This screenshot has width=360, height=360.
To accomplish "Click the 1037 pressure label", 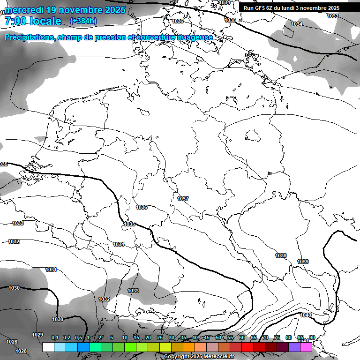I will [x=183, y=199].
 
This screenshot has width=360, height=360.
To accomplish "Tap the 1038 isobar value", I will [x=281, y=255].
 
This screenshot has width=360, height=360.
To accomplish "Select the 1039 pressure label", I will [x=303, y=262].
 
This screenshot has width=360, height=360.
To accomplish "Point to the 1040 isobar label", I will [x=306, y=315].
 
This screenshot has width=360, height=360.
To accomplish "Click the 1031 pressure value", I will [x=51, y=270].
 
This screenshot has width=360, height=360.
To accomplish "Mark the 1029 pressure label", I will [x=37, y=335].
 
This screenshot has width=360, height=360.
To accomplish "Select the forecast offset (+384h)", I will [x=83, y=21].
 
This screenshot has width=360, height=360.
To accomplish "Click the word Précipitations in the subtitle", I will [x=30, y=37].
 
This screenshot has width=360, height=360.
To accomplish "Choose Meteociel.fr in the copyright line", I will [x=217, y=357].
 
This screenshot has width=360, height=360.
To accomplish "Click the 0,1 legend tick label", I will [x=55, y=337].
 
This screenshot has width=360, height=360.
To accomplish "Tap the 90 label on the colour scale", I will [x=312, y=337].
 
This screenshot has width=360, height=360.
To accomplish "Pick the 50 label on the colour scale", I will [x=218, y=337].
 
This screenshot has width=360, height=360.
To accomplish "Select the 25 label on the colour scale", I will [x=160, y=337].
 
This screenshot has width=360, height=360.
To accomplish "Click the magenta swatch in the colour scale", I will [x=306, y=347].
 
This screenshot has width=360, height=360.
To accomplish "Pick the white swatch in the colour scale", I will [x=48, y=347].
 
